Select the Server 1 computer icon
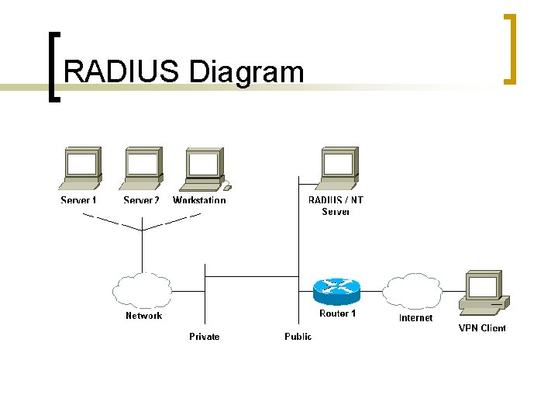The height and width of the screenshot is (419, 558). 81,168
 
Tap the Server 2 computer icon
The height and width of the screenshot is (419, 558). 142,168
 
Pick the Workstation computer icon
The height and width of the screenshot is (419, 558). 203,168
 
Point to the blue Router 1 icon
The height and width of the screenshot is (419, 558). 336,291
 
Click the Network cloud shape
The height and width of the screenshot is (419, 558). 142,291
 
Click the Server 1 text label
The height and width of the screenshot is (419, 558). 79,200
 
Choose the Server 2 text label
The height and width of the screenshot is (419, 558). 141,200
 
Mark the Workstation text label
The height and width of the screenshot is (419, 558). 199,200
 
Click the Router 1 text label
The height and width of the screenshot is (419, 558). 338,313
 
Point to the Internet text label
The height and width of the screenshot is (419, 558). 415,318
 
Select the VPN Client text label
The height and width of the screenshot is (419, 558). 482,328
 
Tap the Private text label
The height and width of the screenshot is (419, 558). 204,337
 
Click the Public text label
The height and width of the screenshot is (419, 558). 298,337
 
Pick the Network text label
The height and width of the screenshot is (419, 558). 144,316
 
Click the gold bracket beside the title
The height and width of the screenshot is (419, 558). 511,48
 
